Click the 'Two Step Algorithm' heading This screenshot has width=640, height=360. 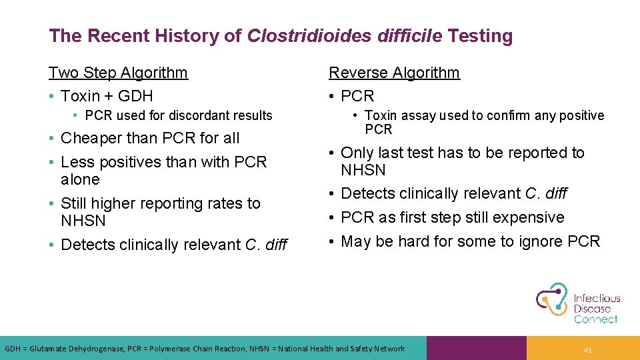tap(118, 73)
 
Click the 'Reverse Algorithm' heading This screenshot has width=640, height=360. tap(394, 73)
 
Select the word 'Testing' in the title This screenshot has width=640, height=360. tap(480, 36)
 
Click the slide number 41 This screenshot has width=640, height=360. tap(587, 349)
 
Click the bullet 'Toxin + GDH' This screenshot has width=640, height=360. tap(107, 96)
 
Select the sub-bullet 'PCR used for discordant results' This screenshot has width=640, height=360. tap(179, 115)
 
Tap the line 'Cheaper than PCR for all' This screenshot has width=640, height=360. tap(149, 138)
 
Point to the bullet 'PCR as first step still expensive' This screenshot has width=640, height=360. tap(452, 217)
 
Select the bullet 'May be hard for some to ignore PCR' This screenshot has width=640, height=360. tap(470, 241)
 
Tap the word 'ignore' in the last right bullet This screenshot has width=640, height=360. tap(541, 241)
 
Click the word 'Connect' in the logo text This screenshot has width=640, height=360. tap(595, 319)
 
